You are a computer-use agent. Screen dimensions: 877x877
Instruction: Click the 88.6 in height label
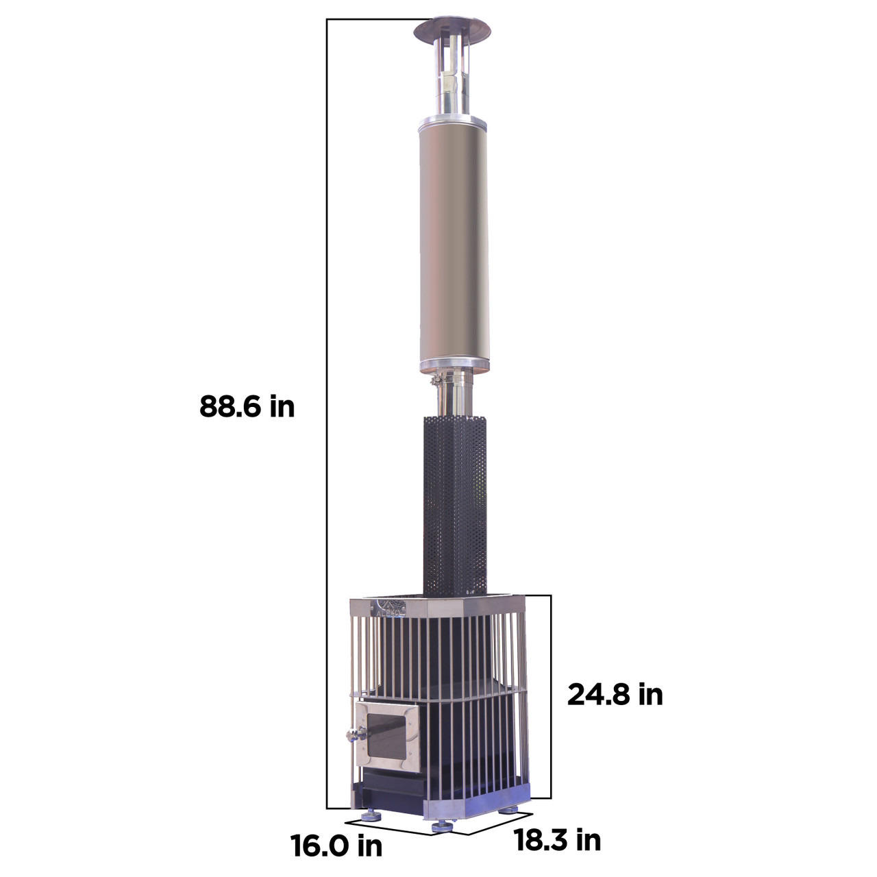click(247, 406)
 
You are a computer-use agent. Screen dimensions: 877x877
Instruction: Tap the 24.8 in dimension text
click(615, 694)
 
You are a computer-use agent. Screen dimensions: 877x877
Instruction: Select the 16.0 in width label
click(336, 845)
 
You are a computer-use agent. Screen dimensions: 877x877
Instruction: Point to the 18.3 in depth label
click(557, 839)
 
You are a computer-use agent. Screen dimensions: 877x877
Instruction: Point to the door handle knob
click(351, 736)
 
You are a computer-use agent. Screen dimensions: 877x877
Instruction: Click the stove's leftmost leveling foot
click(371, 815)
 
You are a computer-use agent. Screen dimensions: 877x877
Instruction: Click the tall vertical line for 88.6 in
click(327, 411)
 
